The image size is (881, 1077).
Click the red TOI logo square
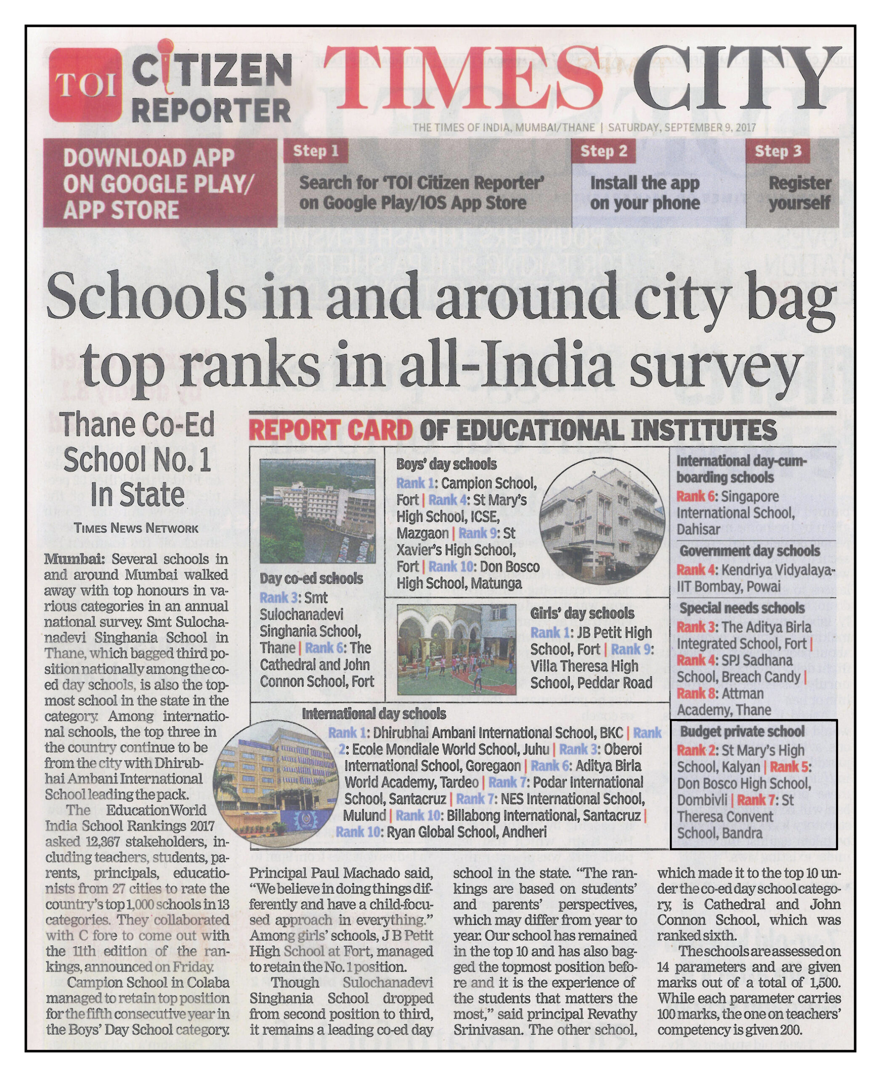(85, 85)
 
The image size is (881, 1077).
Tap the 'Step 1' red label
(315, 151)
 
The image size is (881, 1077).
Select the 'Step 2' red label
(603, 151)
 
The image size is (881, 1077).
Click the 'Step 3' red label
(778, 151)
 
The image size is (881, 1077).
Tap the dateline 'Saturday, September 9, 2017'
(682, 127)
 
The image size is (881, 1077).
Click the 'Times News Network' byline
(136, 528)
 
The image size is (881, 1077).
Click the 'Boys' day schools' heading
(446, 464)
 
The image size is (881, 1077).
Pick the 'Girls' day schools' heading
(582, 613)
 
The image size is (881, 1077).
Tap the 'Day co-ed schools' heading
(311, 578)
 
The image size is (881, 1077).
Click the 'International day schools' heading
(374, 714)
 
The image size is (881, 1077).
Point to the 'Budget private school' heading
(742, 731)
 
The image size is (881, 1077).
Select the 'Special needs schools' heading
(742, 608)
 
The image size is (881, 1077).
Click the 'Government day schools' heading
(750, 551)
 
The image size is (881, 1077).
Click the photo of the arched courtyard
(456, 649)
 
